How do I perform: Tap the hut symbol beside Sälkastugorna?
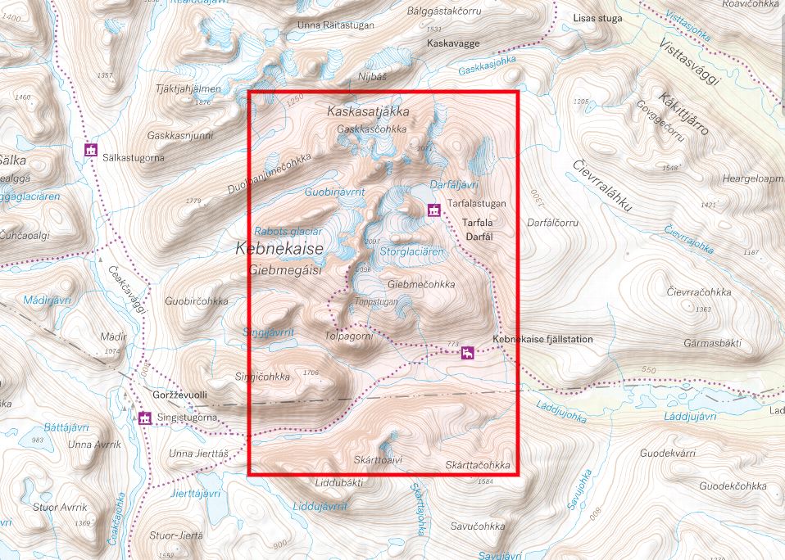coord(91,151)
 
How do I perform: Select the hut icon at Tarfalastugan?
coord(433,210)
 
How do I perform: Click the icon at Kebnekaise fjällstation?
coord(467,353)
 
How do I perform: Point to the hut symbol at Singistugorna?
coord(145,418)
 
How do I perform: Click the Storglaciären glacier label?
coord(412,252)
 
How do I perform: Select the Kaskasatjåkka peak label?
coord(367,111)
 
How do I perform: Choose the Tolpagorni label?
coord(349,336)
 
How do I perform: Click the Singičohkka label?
coord(263,377)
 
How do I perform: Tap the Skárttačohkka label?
coord(478,465)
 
